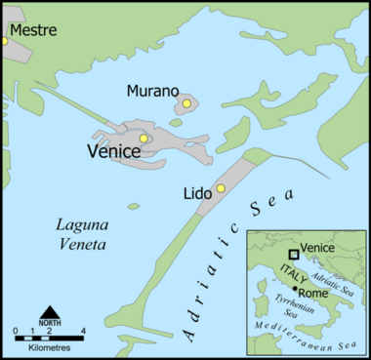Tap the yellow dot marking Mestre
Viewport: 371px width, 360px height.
coord(3,40)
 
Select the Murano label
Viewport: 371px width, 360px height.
coord(150,91)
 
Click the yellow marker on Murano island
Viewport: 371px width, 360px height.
coord(186,102)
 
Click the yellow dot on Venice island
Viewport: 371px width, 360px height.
coord(144,139)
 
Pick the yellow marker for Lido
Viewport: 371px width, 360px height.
coord(221,188)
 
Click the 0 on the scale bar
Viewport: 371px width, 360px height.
coord(18,333)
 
